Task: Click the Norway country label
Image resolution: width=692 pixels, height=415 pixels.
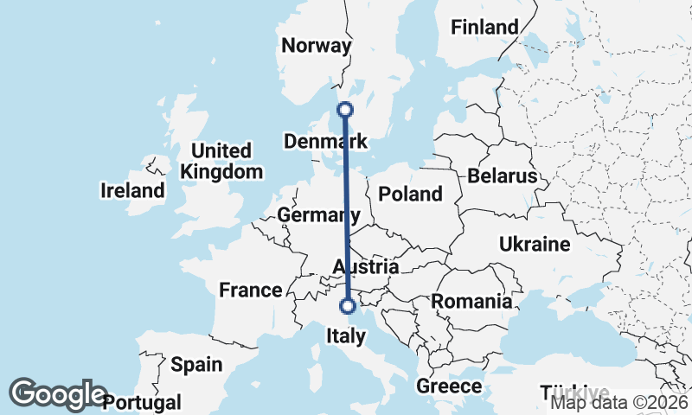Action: [x=317, y=46]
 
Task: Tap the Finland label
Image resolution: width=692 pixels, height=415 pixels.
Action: [x=484, y=28]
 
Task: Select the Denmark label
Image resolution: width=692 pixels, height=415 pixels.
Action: [x=326, y=141]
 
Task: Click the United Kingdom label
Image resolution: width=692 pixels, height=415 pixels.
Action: [x=221, y=161]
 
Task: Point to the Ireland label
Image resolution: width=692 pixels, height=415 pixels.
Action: [x=132, y=190]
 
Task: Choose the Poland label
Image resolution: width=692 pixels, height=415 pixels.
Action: [x=410, y=194]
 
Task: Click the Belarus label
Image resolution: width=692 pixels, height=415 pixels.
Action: [x=503, y=176]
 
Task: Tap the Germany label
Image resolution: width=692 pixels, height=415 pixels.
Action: [x=318, y=214]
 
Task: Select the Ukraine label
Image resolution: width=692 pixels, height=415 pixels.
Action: [x=535, y=245]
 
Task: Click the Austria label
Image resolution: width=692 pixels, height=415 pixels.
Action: [x=365, y=267]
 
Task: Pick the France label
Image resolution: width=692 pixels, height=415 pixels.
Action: [x=251, y=290]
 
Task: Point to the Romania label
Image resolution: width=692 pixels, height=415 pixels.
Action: [x=471, y=302]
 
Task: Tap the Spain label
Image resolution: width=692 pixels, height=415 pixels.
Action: [x=195, y=364]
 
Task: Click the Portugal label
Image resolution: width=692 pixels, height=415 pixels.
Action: [x=142, y=402]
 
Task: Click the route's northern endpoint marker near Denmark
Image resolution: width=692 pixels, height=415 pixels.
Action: [x=345, y=110]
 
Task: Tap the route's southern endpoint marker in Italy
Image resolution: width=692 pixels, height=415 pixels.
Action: [x=348, y=305]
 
